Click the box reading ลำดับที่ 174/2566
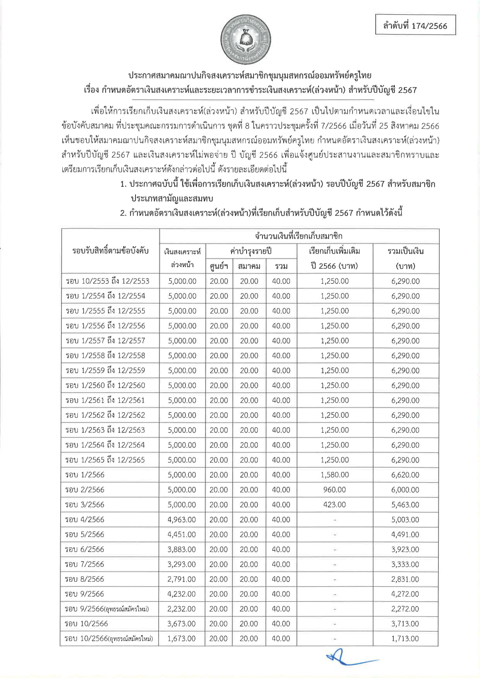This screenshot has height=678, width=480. coord(415,26)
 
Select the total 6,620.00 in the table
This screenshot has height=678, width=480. coord(405,475)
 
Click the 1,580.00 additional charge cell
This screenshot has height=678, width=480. coord(334,475)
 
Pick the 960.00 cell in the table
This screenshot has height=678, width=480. coord(334,490)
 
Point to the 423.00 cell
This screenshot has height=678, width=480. coord(334,504)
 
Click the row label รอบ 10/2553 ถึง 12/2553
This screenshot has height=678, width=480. coord(107,281)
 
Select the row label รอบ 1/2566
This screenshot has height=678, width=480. coord(85,475)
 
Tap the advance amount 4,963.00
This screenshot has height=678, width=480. coord(182,519)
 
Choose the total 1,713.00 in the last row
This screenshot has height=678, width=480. coord(405,639)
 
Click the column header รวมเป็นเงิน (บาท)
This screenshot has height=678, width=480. coord(405,258)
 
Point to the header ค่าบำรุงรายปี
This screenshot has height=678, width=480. coord(251,251)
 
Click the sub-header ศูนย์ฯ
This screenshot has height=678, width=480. coord(219,266)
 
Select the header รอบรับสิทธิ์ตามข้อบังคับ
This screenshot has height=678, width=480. coord(110,251)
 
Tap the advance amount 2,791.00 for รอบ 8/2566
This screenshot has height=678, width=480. coord(182,579)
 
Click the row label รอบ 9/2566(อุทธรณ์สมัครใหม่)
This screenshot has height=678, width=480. coord(107,609)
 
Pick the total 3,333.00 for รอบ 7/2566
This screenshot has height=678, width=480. coord(405,564)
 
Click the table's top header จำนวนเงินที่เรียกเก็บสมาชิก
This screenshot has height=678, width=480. coord(298,236)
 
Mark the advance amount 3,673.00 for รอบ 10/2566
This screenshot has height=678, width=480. coord(182,623)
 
